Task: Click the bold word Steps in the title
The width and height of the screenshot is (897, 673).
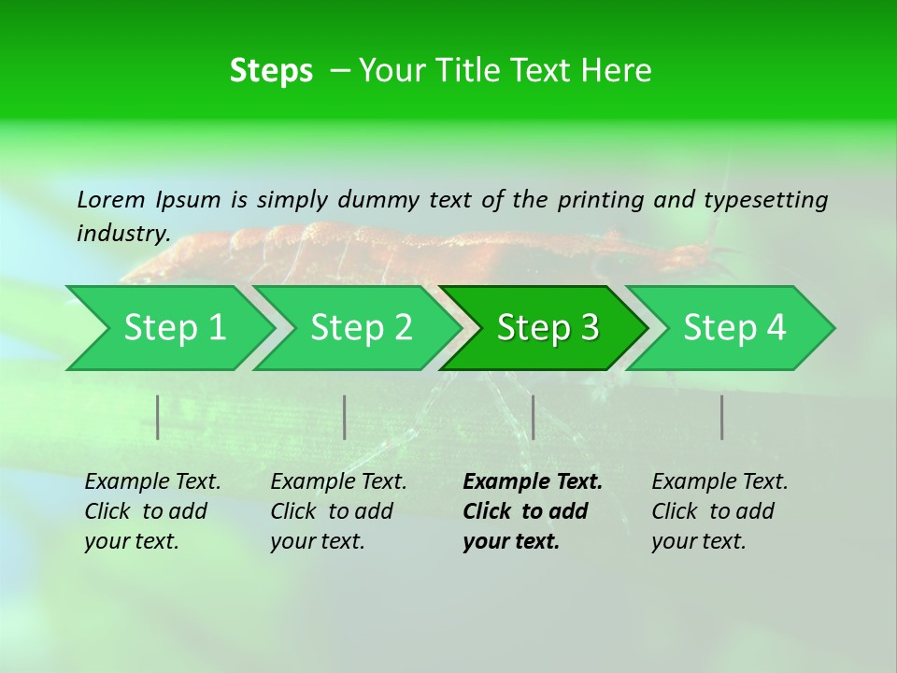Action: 271,71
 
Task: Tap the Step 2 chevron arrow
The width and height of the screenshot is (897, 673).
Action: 360,328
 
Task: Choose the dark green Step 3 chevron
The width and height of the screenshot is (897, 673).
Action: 547,328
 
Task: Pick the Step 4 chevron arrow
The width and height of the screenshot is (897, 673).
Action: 733,328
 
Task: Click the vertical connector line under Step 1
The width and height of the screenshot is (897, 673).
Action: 158,417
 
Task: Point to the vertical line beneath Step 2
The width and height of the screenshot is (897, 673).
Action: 345,417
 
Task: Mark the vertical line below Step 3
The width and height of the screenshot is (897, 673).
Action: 533,417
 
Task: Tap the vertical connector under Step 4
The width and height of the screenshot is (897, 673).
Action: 721,417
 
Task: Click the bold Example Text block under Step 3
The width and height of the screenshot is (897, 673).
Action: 533,511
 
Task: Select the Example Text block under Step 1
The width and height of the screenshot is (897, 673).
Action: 152,511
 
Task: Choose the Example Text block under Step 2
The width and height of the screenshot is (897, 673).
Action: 338,511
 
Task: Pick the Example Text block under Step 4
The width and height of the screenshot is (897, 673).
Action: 719,511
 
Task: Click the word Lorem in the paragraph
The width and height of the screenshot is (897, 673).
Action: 111,199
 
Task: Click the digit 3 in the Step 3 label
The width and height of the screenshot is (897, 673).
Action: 588,328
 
